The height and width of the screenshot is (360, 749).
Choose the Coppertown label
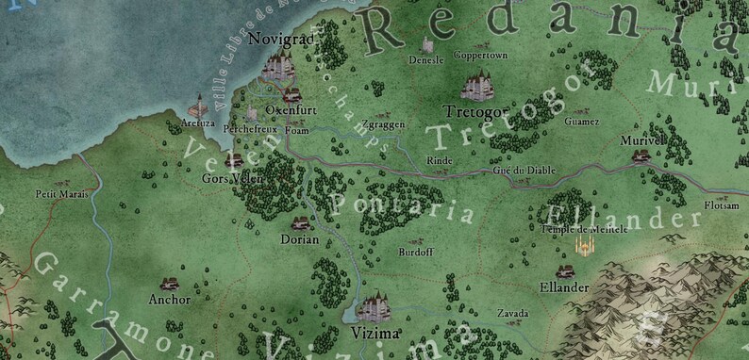pos(481,56)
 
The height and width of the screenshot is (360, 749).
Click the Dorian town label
pos(300,239)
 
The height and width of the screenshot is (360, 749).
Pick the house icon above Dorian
pos(301,222)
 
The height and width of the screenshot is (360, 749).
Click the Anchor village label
pos(170,300)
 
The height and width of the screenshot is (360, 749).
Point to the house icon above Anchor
pos(170,283)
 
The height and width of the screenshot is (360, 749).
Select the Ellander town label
pos(564,286)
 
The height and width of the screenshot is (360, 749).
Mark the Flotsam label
pos(721,205)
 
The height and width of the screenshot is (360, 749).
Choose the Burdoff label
pos(415,253)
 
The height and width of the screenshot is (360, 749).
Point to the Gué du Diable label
pos(524,171)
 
